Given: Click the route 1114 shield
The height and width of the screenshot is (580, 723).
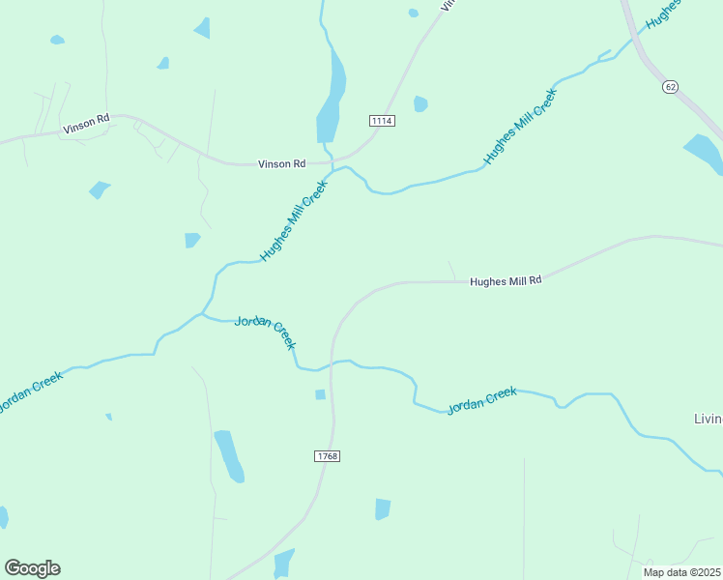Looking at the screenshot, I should (382, 121).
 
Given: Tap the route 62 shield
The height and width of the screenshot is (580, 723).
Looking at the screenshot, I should (671, 87).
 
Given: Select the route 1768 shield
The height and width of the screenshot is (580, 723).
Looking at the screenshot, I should (327, 455).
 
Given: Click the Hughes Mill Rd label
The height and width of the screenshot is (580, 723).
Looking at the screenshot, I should (506, 281).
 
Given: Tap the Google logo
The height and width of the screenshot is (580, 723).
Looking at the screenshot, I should (32, 568).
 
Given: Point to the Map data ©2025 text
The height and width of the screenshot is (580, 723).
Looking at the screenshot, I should (681, 572).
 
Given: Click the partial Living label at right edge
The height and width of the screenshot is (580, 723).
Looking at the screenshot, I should (708, 420).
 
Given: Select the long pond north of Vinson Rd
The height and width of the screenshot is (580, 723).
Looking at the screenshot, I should (332, 102).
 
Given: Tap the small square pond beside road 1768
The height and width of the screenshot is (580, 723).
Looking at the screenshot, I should (320, 394).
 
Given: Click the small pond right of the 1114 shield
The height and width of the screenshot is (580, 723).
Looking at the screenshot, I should (420, 103).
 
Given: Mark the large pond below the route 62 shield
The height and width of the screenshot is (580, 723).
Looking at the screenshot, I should (706, 153).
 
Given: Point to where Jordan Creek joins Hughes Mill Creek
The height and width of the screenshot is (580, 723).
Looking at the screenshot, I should (202, 313).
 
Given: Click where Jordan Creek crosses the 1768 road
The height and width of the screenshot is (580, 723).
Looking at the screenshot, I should (333, 362).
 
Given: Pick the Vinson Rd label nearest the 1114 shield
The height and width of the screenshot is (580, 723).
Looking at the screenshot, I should (281, 164).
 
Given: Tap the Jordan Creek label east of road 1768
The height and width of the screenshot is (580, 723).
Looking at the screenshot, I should (481, 400).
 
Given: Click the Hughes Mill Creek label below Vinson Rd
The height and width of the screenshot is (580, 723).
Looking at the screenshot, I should (294, 224).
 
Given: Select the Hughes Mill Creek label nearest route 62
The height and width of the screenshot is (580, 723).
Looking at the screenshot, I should (521, 127).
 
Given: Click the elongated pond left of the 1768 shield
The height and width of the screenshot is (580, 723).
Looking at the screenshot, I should (229, 455).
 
